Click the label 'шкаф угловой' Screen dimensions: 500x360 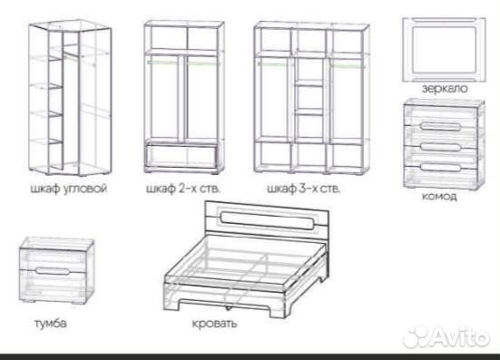pyautogui.click(x=69, y=189)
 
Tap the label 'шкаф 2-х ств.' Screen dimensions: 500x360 pyautogui.click(x=183, y=189)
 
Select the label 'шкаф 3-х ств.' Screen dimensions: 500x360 pyautogui.click(x=304, y=189)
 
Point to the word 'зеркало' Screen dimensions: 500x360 pyautogui.click(x=445, y=88)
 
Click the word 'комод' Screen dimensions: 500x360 pyautogui.click(x=439, y=196)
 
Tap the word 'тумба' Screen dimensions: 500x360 pyautogui.click(x=51, y=323)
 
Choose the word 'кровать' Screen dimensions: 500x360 pyautogui.click(x=214, y=324)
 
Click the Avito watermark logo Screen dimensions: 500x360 pyautogui.click(x=446, y=336)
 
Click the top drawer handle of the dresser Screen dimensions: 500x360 pyautogui.click(x=440, y=126)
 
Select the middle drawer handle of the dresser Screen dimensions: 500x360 pyautogui.click(x=440, y=147)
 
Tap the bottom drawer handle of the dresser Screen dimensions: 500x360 pyautogui.click(x=440, y=167)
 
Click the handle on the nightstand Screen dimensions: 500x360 pyautogui.click(x=52, y=271)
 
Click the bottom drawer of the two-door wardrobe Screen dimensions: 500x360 pyautogui.click(x=181, y=156)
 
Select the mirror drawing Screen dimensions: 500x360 pyautogui.click(x=445, y=49)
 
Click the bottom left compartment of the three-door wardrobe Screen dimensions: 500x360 pyautogui.click(x=274, y=156)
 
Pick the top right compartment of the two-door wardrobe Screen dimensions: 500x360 pyautogui.click(x=203, y=37)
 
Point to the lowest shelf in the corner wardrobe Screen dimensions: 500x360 pyautogui.click(x=55, y=141)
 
